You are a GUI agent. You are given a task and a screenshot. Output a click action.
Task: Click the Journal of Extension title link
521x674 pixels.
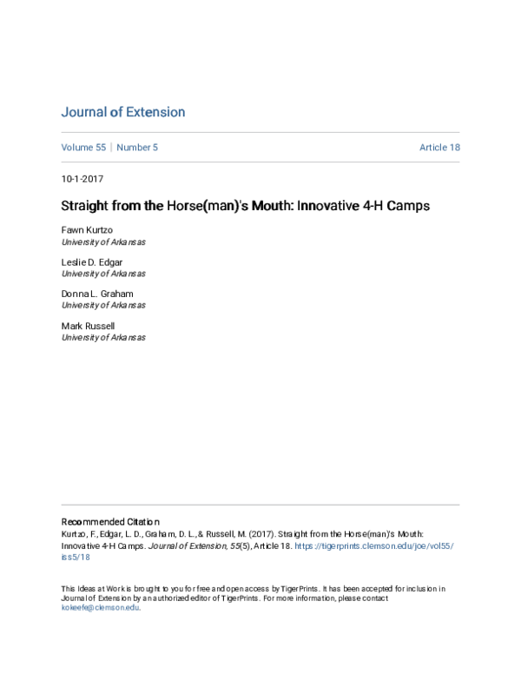coord(122,112)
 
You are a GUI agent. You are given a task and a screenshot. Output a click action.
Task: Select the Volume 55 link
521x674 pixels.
coord(83,148)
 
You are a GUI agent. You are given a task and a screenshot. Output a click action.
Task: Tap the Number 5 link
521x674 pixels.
coord(137,148)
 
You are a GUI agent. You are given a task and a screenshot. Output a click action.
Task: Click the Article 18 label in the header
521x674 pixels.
coord(439,148)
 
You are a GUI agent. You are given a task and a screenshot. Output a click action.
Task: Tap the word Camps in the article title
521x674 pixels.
coord(407,207)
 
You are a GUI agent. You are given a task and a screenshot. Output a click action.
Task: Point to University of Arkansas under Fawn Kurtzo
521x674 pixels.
coord(103,243)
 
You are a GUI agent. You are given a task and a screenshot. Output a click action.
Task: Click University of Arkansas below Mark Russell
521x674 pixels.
coord(103,337)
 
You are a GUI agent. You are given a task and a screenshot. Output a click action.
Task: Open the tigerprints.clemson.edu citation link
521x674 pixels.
coord(373,546)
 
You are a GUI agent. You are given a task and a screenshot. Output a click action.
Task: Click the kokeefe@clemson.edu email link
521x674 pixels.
coord(100,608)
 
